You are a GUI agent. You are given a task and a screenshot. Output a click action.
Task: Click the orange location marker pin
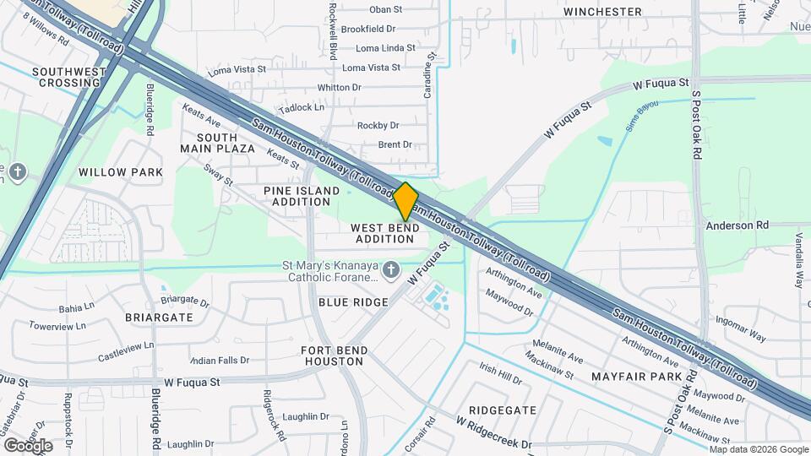click(405, 201)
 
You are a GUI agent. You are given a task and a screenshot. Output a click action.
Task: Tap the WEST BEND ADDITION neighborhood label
click(384, 233)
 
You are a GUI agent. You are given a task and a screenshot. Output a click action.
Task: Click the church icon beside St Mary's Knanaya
click(390, 270)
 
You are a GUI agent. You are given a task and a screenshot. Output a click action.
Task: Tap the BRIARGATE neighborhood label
click(159, 318)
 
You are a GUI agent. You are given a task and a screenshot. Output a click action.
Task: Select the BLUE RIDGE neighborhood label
click(353, 302)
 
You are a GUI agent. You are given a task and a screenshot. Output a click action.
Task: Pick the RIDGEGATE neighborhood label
click(503, 410)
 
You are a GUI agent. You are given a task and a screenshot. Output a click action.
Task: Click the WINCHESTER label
click(603, 12)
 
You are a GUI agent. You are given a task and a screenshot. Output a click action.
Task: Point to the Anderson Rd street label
click(738, 225)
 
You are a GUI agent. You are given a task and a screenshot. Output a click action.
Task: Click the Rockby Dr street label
click(378, 126)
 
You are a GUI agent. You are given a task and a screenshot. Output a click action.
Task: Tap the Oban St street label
click(387, 9)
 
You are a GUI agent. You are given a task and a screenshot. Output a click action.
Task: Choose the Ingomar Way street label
click(741, 328)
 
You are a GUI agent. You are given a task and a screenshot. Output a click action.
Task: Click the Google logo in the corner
click(28, 445)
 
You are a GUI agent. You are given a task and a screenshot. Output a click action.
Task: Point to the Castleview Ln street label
click(126, 346)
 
